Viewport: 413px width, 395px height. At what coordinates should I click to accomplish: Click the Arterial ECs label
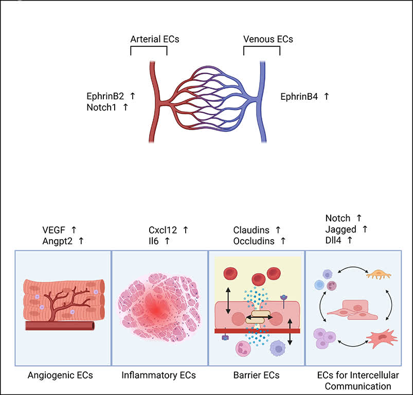click(155, 39)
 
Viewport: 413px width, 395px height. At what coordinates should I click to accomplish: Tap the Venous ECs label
click(268, 39)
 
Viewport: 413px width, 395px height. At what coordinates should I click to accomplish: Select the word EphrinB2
click(105, 96)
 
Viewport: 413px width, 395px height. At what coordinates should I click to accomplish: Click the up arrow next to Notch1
click(125, 107)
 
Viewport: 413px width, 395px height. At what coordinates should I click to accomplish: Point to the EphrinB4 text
click(299, 97)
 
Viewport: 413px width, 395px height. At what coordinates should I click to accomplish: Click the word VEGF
click(53, 230)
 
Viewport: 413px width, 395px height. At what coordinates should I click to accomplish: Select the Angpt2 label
click(57, 241)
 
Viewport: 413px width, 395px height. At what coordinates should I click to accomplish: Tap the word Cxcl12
click(163, 230)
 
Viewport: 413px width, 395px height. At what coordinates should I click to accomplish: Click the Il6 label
click(153, 241)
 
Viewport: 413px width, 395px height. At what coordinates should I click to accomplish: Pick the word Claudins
click(251, 230)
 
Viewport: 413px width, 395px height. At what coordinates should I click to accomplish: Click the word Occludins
click(254, 241)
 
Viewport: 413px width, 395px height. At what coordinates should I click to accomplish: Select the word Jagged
click(340, 229)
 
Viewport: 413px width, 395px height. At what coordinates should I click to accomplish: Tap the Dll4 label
click(333, 240)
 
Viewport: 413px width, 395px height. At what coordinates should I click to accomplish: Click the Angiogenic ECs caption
click(60, 375)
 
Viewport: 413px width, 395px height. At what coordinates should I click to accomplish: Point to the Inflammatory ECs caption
click(158, 375)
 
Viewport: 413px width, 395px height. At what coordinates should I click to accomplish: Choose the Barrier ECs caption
click(256, 375)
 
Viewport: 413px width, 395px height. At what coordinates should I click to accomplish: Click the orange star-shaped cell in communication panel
click(379, 275)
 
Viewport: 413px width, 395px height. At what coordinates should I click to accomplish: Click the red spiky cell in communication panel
click(382, 339)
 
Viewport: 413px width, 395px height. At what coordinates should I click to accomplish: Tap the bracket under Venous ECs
click(262, 47)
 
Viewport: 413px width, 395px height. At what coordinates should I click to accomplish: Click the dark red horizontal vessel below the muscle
click(60, 326)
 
